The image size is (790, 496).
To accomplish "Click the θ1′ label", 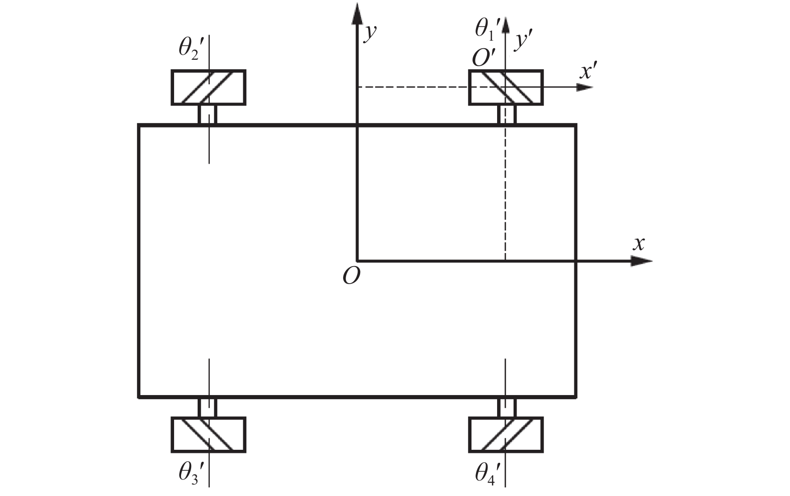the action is coord(488,29).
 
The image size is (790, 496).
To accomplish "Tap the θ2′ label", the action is coord(192,48).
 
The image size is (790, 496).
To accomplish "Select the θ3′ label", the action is coord(192,473).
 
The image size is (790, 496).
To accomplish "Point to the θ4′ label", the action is coord(488,473).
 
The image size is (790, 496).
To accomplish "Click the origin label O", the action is coord(351,276).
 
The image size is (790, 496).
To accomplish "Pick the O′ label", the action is coord(484,58).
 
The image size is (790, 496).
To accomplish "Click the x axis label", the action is coord(639,244).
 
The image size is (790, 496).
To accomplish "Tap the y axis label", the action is coord(370,34).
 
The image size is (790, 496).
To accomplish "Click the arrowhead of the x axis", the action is coord(642,261).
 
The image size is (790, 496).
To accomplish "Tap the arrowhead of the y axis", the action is coord(357,14).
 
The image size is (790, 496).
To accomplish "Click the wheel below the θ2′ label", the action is coord(209,87).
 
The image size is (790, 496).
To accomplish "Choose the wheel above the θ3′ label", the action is coord(209,435).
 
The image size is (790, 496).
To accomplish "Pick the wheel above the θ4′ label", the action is coord(506,435).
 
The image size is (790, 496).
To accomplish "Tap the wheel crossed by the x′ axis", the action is coord(506,87).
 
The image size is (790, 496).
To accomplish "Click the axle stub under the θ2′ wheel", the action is coord(207,114).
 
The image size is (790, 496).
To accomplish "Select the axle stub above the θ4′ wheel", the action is coord(507,408).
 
